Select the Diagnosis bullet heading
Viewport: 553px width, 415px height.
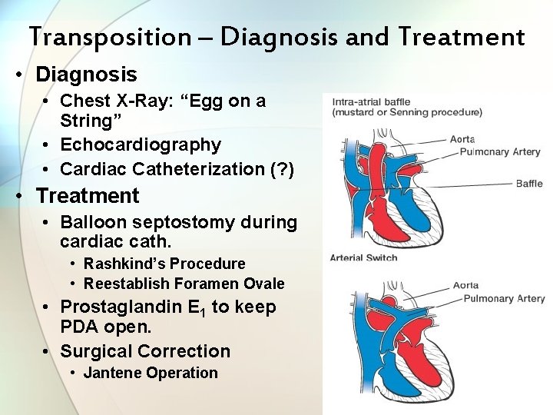pyautogui.click(x=86, y=75)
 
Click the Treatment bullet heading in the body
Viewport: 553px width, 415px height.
pyautogui.click(x=88, y=195)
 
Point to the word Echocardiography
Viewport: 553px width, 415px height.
pyautogui.click(x=141, y=144)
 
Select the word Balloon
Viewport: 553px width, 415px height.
pyautogui.click(x=94, y=222)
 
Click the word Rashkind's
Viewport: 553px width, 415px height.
pyautogui.click(x=126, y=264)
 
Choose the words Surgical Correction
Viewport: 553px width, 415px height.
pyautogui.click(x=145, y=351)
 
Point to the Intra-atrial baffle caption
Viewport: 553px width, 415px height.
pyautogui.click(x=373, y=101)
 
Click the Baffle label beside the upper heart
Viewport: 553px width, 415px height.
pyautogui.click(x=529, y=183)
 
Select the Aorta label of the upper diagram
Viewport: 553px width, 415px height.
pyautogui.click(x=463, y=139)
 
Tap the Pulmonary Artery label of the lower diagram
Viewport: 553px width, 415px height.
pyautogui.click(x=504, y=298)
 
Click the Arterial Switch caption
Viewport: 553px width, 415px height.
pyautogui.click(x=363, y=257)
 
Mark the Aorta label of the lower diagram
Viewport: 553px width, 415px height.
pyautogui.click(x=465, y=285)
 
